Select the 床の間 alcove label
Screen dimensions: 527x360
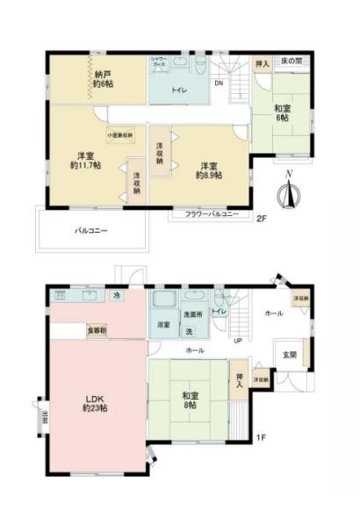293,62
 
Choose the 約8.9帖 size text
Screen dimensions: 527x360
210,175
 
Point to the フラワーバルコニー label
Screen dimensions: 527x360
212,214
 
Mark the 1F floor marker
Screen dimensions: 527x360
260,437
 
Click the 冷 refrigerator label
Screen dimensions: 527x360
117,296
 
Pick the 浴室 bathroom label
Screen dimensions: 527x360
164,325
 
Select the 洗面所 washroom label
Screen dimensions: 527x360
193,314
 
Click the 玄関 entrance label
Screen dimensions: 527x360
289,354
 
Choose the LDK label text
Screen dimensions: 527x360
95,398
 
